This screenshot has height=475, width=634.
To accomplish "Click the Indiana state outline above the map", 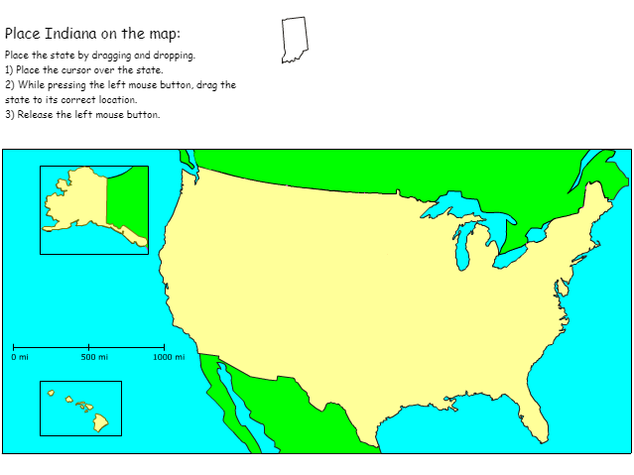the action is (x=294, y=39).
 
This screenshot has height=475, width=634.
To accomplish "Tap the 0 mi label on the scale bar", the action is (x=20, y=357).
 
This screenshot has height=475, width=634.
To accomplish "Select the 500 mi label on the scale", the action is (x=94, y=357).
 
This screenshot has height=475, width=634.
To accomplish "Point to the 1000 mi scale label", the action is (x=169, y=357).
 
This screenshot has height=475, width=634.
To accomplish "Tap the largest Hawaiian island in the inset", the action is (x=101, y=422).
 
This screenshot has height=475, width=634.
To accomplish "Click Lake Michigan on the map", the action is (x=463, y=249).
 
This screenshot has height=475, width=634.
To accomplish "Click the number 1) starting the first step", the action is (x=9, y=70).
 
